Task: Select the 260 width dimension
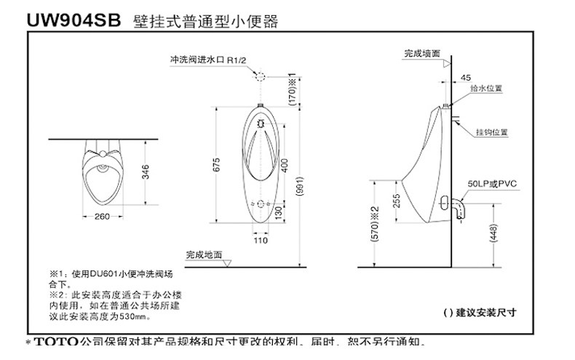[x=101, y=217]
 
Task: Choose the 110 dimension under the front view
[x=259, y=239]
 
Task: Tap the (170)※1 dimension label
[x=293, y=90]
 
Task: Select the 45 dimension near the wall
[x=466, y=76]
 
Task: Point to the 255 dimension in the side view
[x=396, y=200]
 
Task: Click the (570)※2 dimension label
[x=375, y=223]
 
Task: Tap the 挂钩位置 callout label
[x=491, y=132]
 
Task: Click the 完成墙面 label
[x=421, y=54]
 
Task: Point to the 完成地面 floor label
[x=204, y=255]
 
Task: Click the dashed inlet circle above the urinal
[x=259, y=75]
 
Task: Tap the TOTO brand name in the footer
[x=56, y=342]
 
